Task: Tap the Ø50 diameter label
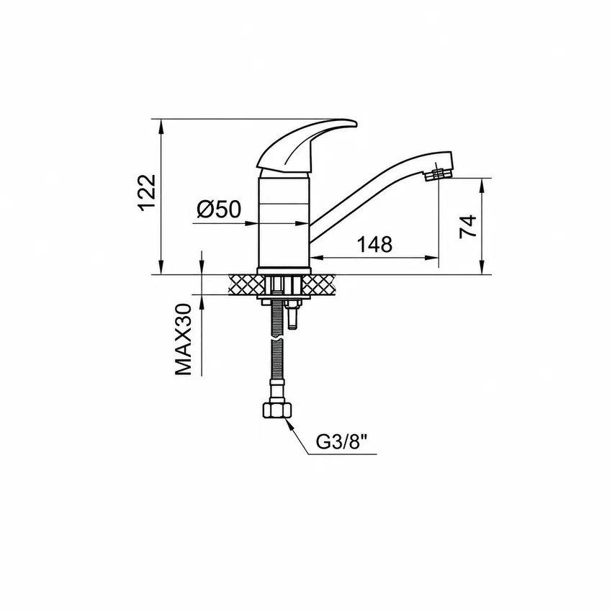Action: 219,210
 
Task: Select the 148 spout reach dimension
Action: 374,244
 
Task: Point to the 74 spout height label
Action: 468,226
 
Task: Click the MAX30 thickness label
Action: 184,340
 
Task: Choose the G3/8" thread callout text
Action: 341,442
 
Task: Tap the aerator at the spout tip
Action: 438,174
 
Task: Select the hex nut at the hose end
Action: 277,410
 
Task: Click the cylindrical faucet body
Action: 284,221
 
